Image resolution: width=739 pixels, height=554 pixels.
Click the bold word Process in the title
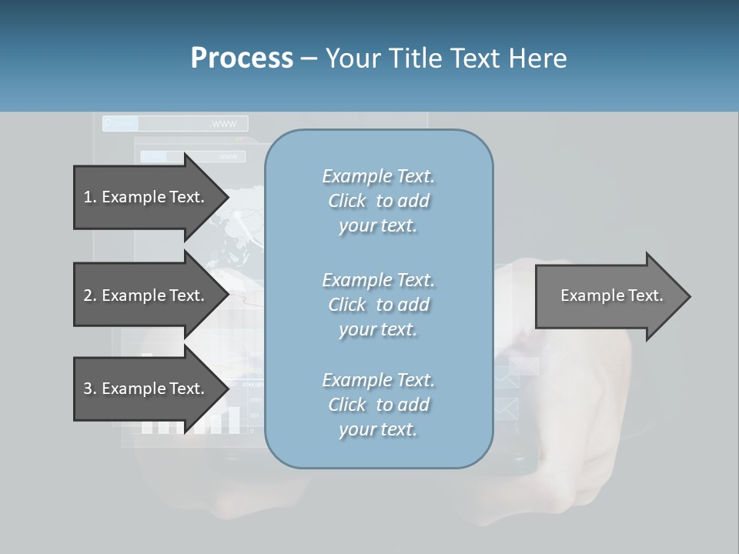(x=242, y=58)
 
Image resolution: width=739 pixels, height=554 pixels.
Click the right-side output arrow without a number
(x=611, y=295)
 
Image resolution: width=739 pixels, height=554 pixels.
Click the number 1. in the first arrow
(x=90, y=197)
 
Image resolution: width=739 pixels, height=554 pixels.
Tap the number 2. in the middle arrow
(x=90, y=295)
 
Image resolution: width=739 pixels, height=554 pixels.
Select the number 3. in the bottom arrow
(x=90, y=389)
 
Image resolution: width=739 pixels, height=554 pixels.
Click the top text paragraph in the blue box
(x=378, y=201)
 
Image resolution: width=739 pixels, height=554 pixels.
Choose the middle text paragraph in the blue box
(x=378, y=304)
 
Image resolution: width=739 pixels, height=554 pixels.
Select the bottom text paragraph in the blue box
(x=378, y=405)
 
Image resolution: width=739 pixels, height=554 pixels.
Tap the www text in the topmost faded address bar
(x=223, y=124)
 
